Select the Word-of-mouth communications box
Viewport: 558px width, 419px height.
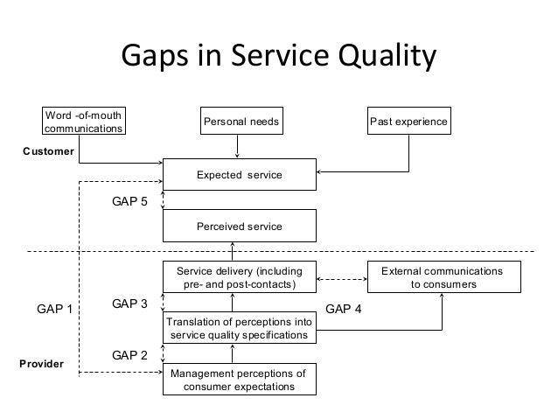84,122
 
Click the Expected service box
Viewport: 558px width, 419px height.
239,175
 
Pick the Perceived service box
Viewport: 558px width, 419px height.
239,227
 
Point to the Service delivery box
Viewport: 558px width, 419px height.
239,278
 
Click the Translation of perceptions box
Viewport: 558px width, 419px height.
239,329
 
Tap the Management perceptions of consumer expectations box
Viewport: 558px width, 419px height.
239,381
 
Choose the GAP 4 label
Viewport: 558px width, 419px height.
343,309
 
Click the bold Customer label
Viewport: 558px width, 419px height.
48,151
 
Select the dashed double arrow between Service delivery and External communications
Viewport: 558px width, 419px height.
343,279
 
